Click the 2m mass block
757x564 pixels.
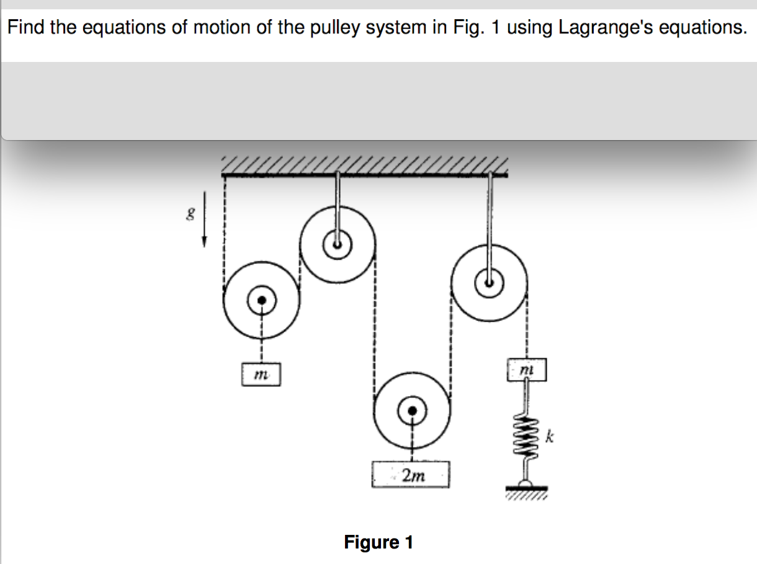(x=410, y=475)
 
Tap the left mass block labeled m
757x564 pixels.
(x=261, y=374)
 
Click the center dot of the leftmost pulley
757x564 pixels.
(x=262, y=300)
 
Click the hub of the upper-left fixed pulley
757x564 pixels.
(x=336, y=244)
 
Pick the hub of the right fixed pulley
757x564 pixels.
(x=490, y=283)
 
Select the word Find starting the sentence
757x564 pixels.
(x=27, y=29)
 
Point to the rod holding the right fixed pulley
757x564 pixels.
(x=490, y=223)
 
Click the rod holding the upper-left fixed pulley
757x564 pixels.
(x=336, y=205)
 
